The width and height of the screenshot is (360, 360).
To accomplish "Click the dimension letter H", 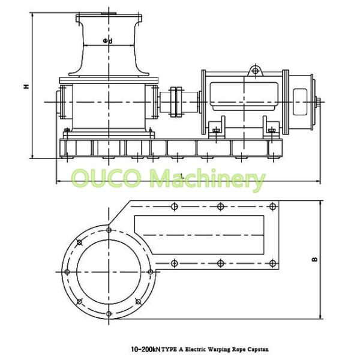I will (26, 86).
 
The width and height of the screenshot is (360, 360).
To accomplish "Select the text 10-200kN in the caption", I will (146, 349).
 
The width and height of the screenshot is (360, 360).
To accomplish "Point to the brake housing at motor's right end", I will (305, 99).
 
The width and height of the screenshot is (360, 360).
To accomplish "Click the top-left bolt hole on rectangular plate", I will (174, 207).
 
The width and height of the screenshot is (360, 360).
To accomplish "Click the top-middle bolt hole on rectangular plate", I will (221, 207).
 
